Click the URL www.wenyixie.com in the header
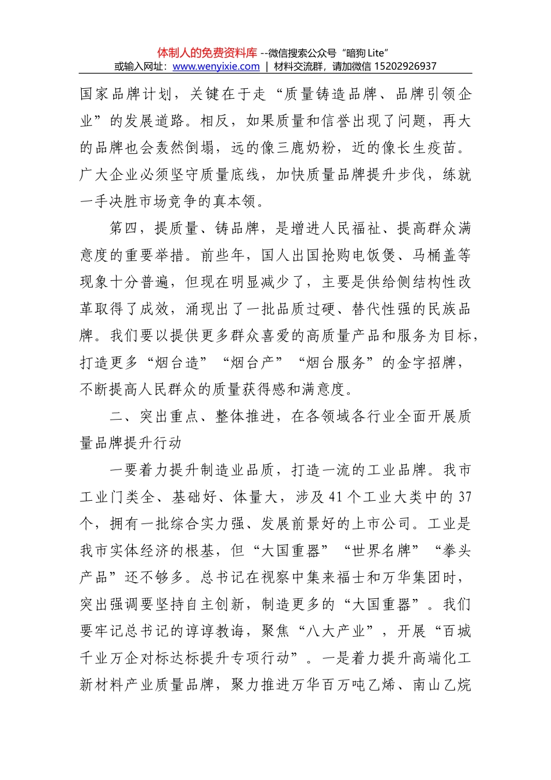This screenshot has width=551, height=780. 216,66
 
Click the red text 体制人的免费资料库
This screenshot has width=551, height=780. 207,53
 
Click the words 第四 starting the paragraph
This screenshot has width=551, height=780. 125,229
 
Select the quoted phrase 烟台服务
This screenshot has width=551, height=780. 336,363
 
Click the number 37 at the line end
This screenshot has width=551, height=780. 465,497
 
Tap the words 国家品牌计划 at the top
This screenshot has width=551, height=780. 125,94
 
